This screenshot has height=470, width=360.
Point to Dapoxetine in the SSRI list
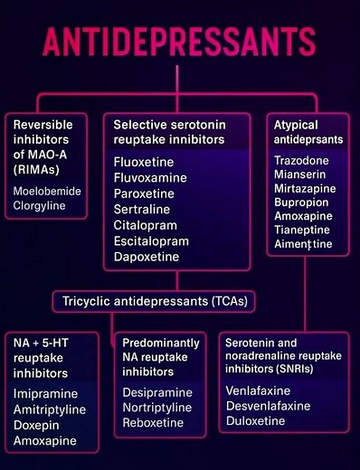(146, 258)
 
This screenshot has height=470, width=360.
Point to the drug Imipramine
(45, 394)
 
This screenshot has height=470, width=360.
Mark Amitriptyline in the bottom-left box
(52, 409)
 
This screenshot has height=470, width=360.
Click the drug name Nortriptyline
(161, 409)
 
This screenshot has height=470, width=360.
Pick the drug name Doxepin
(37, 425)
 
